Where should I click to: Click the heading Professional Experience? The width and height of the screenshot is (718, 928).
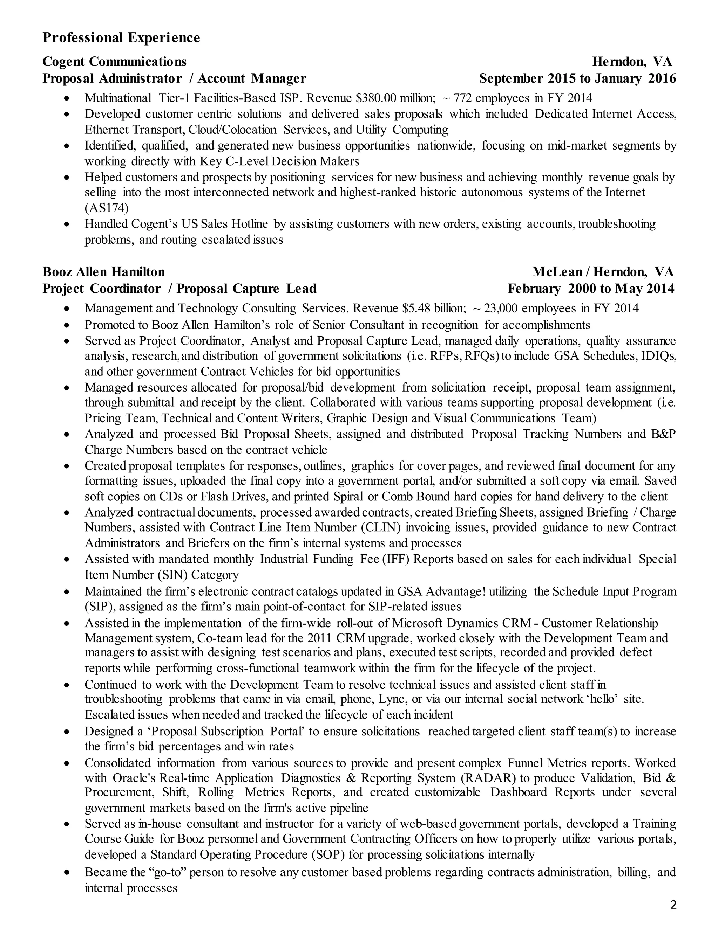[x=121, y=38]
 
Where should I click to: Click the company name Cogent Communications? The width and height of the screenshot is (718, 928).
[x=114, y=62]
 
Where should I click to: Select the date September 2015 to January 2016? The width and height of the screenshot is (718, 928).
[x=577, y=78]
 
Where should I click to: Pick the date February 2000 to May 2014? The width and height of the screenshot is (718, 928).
[x=591, y=289]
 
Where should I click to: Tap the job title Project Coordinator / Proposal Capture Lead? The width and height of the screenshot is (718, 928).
[x=179, y=289]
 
